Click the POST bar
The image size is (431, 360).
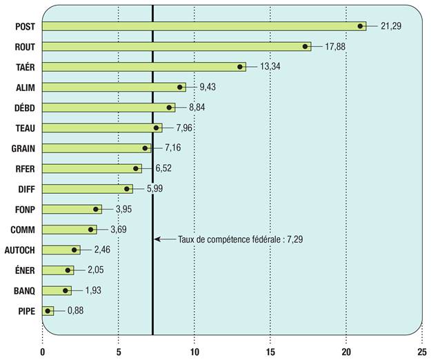point(200,26)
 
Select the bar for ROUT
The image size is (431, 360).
point(172,46)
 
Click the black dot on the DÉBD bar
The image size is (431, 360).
point(169,108)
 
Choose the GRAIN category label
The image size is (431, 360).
point(23,148)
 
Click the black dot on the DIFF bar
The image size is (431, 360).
point(128,188)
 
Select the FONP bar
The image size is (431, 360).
point(69,209)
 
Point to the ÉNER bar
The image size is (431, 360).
point(55,270)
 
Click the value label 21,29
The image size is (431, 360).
point(390,26)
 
